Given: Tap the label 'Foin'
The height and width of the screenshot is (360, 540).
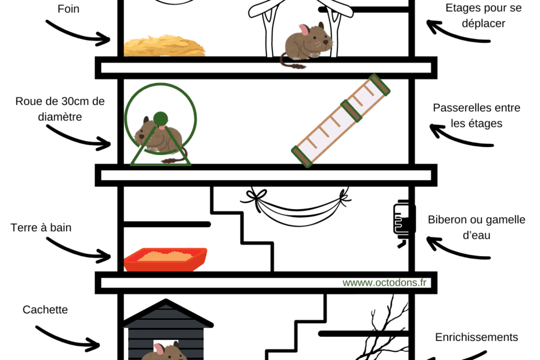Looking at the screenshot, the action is click(69, 9).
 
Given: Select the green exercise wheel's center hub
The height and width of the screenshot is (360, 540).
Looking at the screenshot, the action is click(160, 119).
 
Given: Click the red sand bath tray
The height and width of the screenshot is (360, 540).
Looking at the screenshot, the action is click(165, 259).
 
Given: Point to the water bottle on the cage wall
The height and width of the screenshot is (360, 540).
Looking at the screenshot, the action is click(404, 222).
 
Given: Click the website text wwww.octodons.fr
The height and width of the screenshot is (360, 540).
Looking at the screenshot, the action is click(384, 283).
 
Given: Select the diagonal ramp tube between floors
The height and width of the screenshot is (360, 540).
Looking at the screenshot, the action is click(341, 121).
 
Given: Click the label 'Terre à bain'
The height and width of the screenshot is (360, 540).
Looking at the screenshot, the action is click(41, 228).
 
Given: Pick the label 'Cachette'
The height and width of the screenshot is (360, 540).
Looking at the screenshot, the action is click(45, 309).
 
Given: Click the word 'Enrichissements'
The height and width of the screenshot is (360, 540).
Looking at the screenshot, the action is click(477, 337).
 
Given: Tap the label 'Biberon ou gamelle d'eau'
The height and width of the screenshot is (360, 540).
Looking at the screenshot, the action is click(477, 228).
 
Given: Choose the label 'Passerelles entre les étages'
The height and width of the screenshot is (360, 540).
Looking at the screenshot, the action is click(477, 116).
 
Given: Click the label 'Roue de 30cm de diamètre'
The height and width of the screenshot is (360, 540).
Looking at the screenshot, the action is click(60, 109).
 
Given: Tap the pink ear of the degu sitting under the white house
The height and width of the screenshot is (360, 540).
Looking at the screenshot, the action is click(304, 30).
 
